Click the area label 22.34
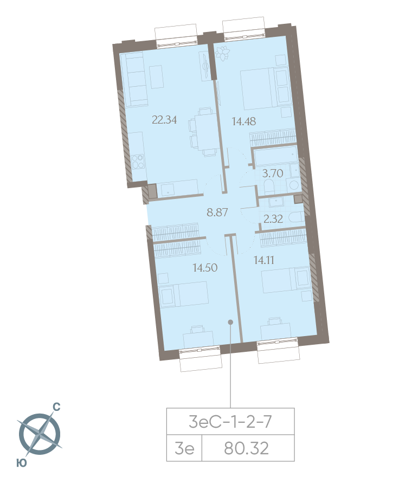click(164, 120)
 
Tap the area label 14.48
click(243, 121)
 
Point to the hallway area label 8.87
click(217, 212)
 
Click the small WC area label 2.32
click(273, 219)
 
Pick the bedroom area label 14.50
click(205, 267)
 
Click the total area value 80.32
click(247, 449)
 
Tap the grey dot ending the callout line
click(230, 322)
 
